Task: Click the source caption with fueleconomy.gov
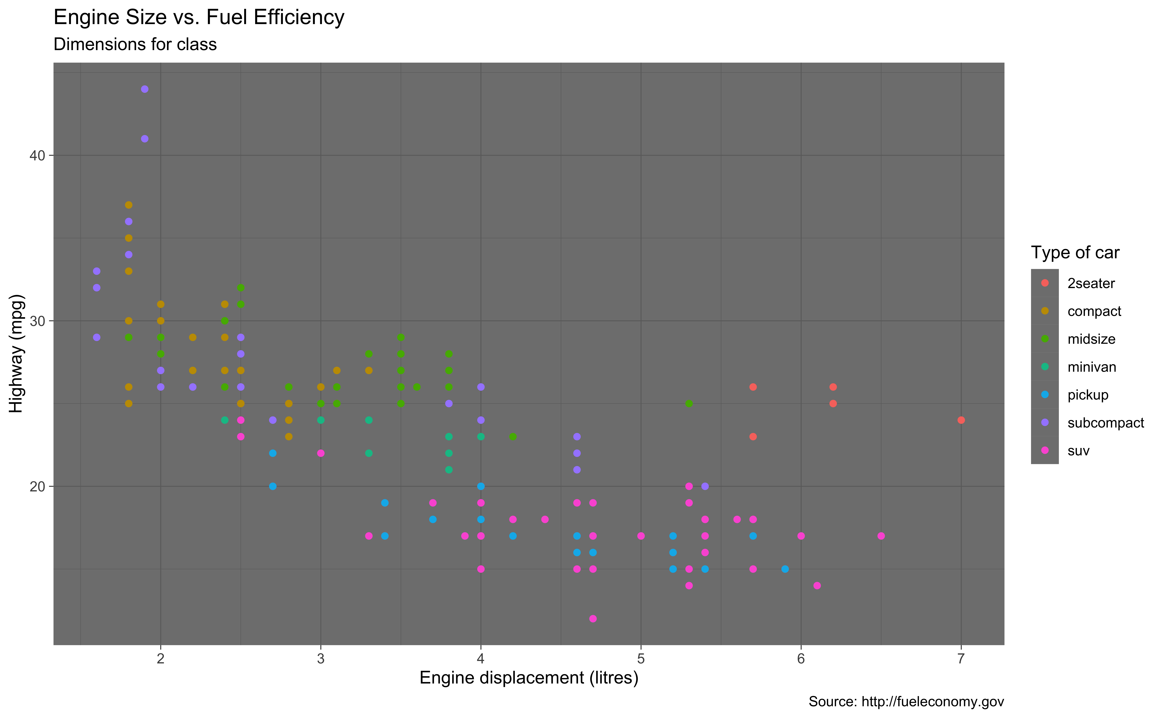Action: pyautogui.click(x=906, y=701)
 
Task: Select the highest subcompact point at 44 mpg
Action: pyautogui.click(x=145, y=89)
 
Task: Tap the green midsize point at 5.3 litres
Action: pyautogui.click(x=689, y=404)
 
